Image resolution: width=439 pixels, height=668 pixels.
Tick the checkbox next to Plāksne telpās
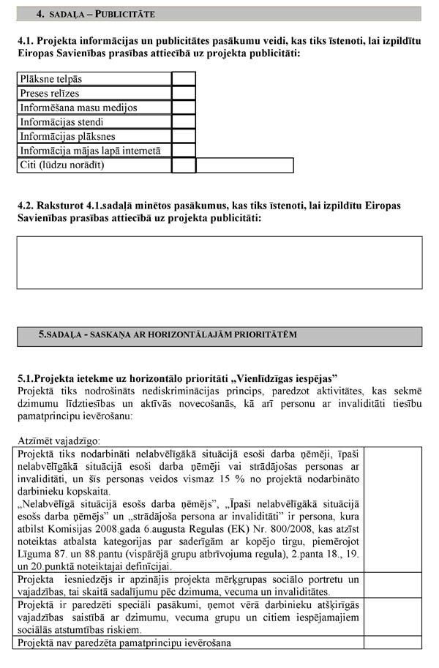coord(184,79)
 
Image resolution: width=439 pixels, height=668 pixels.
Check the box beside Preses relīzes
coord(184,94)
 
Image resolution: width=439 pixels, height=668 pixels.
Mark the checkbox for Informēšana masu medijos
coord(184,108)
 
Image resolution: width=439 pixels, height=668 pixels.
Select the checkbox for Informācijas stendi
coord(184,122)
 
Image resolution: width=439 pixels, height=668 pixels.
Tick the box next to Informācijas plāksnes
coord(184,136)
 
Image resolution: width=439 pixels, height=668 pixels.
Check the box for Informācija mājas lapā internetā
coord(184,151)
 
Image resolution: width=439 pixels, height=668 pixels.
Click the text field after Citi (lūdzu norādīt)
coord(244,165)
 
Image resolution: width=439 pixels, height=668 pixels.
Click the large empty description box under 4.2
coord(219,262)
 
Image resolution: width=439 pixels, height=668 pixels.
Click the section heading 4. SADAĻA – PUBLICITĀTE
coord(95,14)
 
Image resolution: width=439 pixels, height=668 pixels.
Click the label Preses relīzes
coord(50,94)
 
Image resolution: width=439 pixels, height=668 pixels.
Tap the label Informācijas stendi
coord(61,122)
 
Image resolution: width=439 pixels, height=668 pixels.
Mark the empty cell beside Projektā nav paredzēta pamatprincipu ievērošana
coord(392,643)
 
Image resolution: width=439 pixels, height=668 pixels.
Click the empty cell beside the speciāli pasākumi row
coord(392,617)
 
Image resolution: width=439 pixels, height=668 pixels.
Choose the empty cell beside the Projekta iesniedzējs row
coord(392,585)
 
